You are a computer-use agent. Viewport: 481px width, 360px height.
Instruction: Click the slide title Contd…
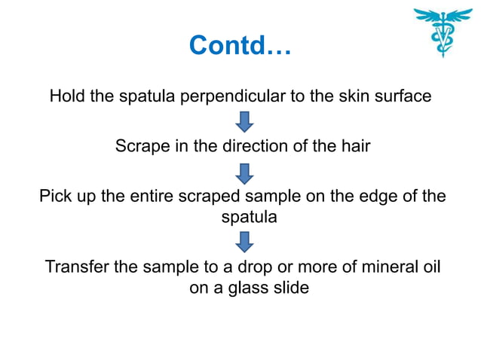coord(240,46)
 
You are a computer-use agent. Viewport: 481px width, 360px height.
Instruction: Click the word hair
coord(354,146)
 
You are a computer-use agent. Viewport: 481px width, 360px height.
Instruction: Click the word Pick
coord(55,197)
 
